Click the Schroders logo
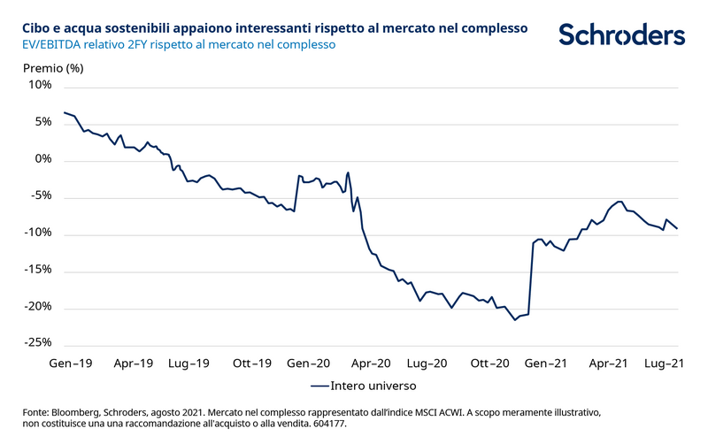(621, 34)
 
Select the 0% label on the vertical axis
(43, 160)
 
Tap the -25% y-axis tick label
(38, 343)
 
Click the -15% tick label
(38, 270)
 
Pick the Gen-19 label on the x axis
(73, 363)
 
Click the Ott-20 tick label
(489, 363)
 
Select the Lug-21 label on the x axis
(667, 363)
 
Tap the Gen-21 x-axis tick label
(547, 363)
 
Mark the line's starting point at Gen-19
(64, 112)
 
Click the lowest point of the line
(516, 320)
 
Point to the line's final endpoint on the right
(677, 228)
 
